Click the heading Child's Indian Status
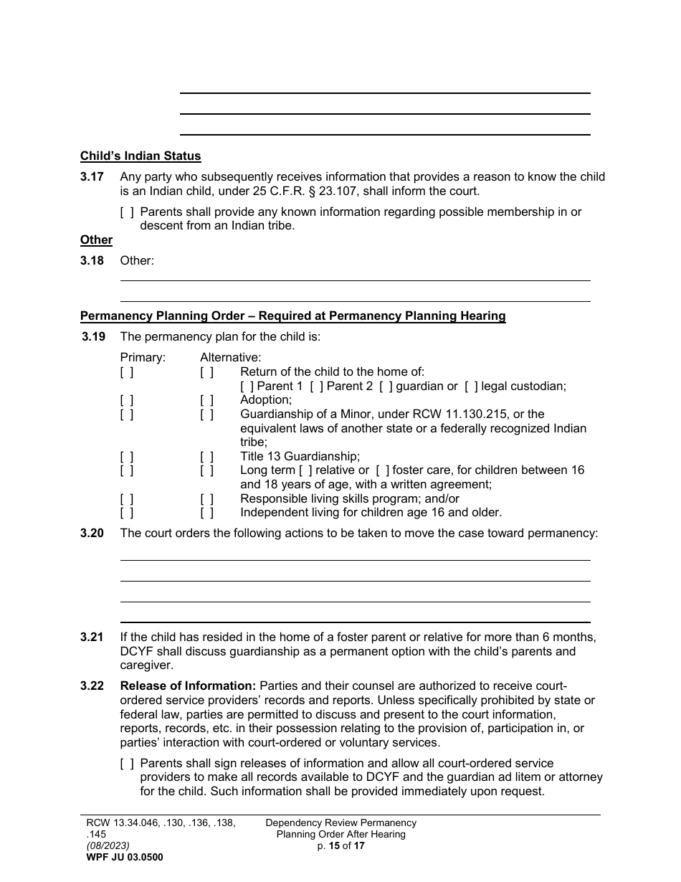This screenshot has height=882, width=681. click(141, 156)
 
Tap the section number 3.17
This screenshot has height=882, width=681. click(92, 176)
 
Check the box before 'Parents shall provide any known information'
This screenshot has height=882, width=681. click(127, 212)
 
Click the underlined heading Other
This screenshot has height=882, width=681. click(96, 240)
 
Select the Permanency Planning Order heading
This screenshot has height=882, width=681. click(292, 316)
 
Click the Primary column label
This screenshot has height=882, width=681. click(143, 357)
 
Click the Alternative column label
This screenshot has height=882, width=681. click(230, 357)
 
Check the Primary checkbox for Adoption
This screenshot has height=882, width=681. click(127, 400)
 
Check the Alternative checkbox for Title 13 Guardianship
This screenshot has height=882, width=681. click(207, 456)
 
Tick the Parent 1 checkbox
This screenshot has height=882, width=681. click(247, 387)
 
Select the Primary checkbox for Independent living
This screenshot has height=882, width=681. click(127, 513)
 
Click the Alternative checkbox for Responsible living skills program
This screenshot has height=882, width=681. click(207, 498)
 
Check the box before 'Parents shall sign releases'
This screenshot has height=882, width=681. click(127, 764)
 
